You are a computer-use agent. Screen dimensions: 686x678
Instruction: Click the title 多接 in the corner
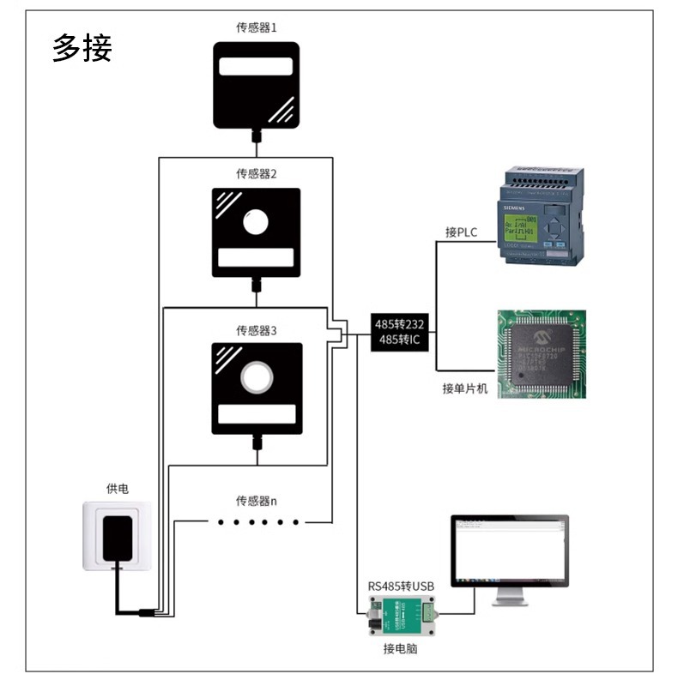coord(82,48)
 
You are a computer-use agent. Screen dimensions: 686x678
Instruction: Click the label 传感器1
coord(257,27)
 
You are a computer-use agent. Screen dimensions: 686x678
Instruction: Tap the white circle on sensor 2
coord(256,223)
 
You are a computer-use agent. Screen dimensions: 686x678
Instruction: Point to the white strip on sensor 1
coord(257,68)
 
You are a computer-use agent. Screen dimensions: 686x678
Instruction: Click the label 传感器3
coord(257,330)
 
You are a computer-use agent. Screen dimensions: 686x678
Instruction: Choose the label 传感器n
coord(257,501)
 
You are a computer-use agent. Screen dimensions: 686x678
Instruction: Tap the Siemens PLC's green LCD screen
coord(520,225)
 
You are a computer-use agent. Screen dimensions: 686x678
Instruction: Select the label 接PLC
coord(461,233)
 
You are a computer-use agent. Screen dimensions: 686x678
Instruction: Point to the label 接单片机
coord(464,389)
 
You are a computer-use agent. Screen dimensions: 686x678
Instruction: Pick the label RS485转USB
coord(401,587)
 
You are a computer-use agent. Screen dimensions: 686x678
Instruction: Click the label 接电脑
coord(400,649)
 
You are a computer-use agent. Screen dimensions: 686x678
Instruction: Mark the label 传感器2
coord(257,174)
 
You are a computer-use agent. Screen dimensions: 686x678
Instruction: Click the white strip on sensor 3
coord(256,415)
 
